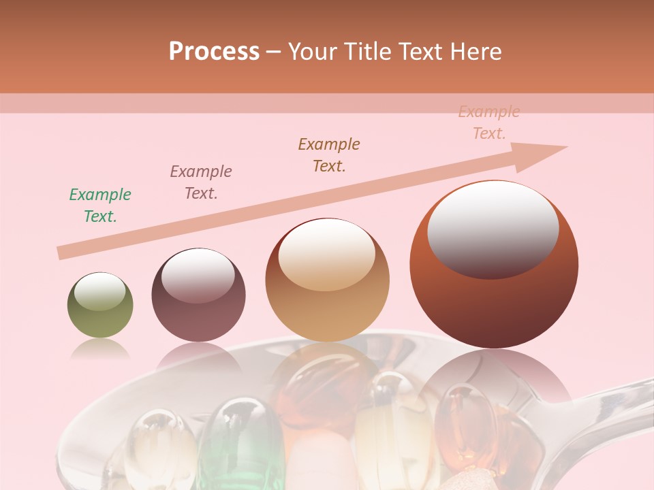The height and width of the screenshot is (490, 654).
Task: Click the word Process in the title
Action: [x=214, y=51]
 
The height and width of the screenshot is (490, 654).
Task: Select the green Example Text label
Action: [x=100, y=206]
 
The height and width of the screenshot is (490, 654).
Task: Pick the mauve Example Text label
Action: [x=201, y=182]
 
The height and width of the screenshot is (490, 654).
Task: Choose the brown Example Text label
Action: [x=329, y=155]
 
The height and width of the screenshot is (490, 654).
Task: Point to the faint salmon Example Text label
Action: [x=489, y=122]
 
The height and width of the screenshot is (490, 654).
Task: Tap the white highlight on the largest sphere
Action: [x=493, y=229]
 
